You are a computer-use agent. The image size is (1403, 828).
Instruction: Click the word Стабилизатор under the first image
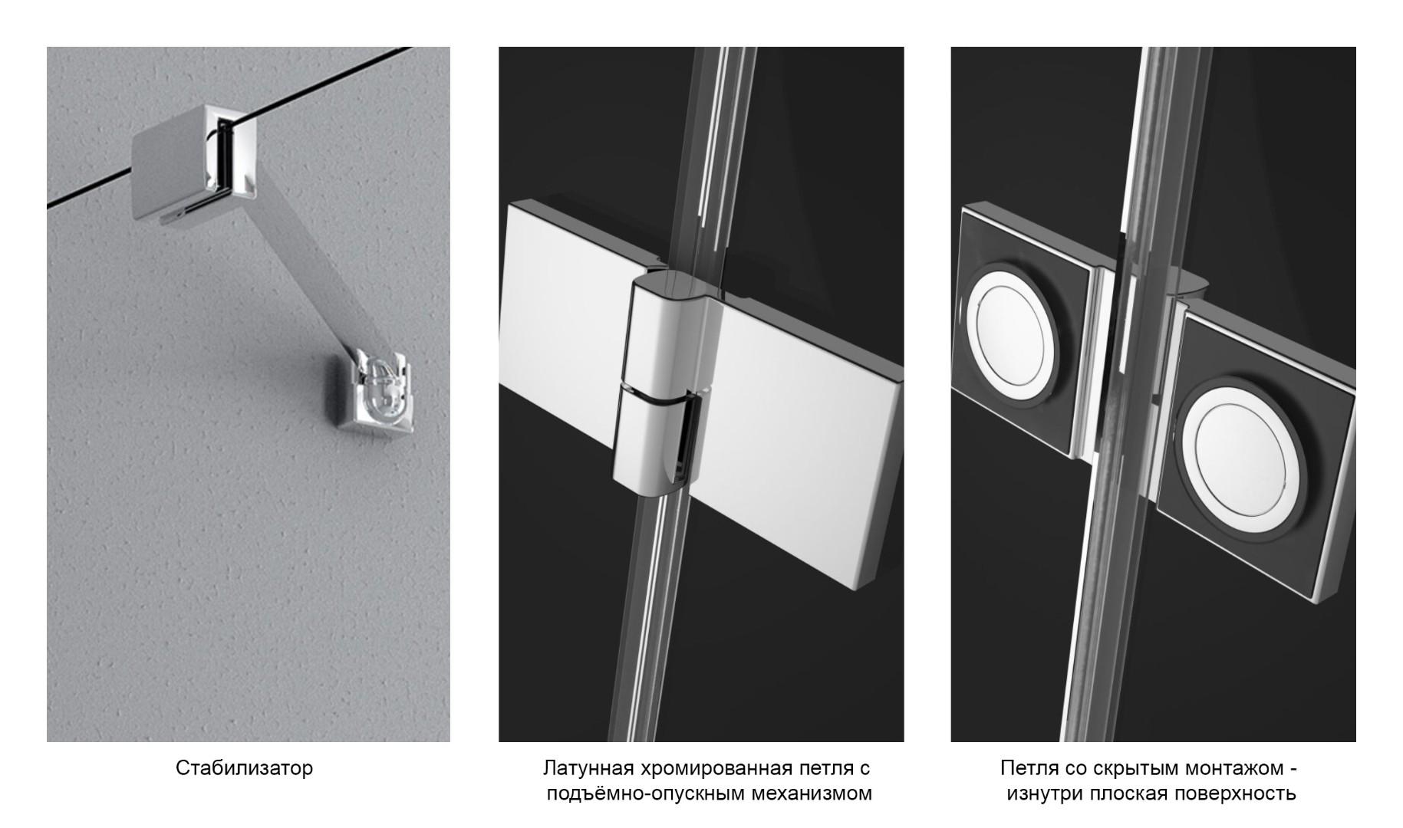point(244,767)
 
